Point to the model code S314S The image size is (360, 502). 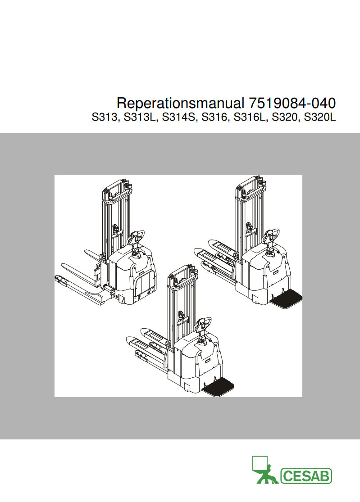tap(178, 118)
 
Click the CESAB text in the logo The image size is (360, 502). tap(306, 476)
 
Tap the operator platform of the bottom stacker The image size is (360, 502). tap(219, 388)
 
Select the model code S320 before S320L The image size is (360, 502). tap(285, 118)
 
